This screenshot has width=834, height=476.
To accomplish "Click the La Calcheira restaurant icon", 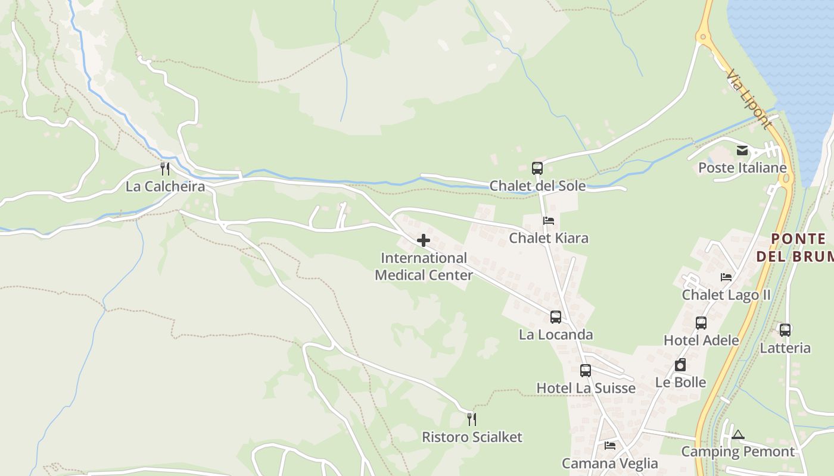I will (165, 169).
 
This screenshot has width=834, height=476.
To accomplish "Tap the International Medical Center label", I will (424, 267).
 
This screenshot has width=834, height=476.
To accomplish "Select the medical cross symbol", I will (424, 240).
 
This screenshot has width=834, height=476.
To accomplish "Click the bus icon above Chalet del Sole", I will (537, 168).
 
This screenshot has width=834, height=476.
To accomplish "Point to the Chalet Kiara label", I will (548, 238).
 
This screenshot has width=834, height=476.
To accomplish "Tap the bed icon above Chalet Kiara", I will (549, 221).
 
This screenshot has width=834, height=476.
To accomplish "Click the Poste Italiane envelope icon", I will (742, 151).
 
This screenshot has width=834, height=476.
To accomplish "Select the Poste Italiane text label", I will (742, 168).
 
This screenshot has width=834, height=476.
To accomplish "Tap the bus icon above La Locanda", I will (556, 317).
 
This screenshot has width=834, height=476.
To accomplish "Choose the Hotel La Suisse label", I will (586, 389).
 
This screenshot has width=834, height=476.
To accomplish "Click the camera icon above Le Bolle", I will (680, 365).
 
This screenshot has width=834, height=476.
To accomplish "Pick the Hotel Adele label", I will (701, 340).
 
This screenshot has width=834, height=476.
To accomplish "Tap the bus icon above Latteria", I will (785, 330).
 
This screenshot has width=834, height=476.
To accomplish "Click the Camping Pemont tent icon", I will (738, 434).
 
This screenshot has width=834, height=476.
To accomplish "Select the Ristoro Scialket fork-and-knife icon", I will (472, 419).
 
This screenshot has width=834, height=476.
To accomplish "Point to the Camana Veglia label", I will (610, 464).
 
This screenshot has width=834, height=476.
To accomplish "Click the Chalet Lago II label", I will (726, 295).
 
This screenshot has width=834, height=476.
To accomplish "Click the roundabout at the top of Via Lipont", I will (704, 37).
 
